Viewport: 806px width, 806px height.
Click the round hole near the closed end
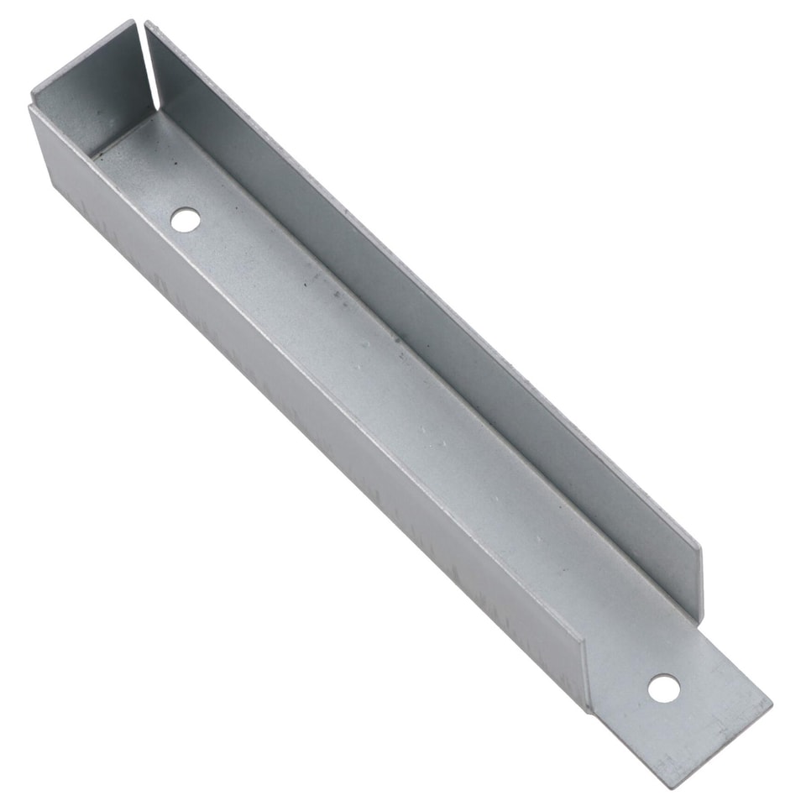point(186,220)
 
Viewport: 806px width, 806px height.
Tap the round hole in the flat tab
point(663,688)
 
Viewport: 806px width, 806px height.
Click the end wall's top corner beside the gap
point(133,21)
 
